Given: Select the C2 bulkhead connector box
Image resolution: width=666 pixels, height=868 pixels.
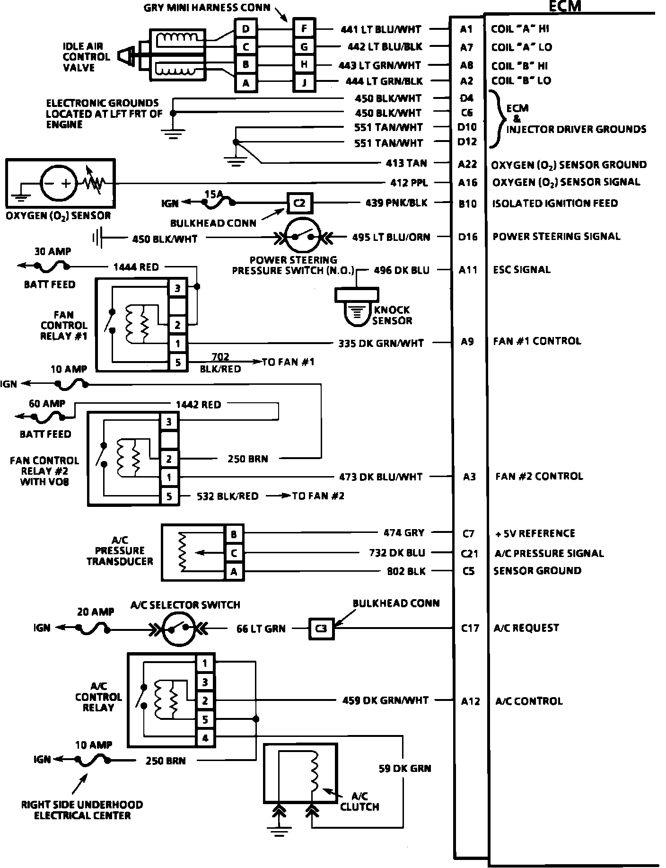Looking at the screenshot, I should pyautogui.click(x=299, y=203).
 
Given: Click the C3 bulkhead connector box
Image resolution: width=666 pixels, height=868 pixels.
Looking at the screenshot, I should pyautogui.click(x=321, y=629).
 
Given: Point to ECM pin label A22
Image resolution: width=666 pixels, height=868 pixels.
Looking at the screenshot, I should pyautogui.click(x=468, y=164).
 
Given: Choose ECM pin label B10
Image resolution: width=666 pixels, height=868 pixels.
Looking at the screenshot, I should pyautogui.click(x=468, y=204).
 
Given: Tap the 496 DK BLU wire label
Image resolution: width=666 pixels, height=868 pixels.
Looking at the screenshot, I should pyautogui.click(x=402, y=270).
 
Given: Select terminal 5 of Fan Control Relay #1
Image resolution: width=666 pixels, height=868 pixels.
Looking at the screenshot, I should pyautogui.click(x=178, y=363).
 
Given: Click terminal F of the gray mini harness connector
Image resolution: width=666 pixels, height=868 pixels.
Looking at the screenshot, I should pyautogui.click(x=304, y=29).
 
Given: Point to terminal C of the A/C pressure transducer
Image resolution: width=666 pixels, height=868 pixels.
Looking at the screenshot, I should pyautogui.click(x=234, y=553).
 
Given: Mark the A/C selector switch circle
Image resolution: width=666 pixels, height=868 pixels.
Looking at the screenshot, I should pyautogui.click(x=179, y=629).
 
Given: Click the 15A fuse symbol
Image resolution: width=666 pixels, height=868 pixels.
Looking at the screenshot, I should pyautogui.click(x=219, y=202).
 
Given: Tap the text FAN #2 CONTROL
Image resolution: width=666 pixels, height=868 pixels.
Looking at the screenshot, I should pyautogui.click(x=539, y=476).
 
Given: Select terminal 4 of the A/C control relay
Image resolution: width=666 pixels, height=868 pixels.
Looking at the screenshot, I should pyautogui.click(x=205, y=738).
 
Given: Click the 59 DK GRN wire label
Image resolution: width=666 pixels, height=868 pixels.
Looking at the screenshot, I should pyautogui.click(x=404, y=768).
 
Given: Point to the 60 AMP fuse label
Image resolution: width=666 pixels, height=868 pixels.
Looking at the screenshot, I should pyautogui.click(x=47, y=404).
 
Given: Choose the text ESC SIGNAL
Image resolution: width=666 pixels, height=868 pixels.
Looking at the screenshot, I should pyautogui.click(x=521, y=270).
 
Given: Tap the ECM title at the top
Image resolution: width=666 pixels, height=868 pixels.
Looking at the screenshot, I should pyautogui.click(x=565, y=6).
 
